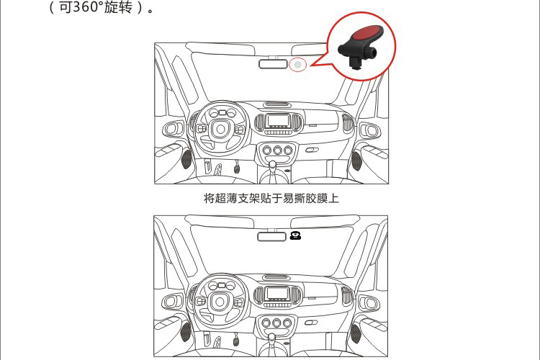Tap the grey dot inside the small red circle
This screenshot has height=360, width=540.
click(x=298, y=64)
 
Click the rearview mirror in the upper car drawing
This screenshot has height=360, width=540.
click(x=273, y=64)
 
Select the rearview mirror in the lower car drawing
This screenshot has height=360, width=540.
click(x=271, y=236)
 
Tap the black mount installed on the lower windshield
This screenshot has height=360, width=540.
click(x=295, y=235)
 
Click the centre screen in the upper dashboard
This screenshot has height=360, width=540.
click(x=278, y=120)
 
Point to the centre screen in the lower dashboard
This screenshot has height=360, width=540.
click(x=277, y=293)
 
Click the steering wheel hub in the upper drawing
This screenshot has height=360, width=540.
click(x=220, y=129)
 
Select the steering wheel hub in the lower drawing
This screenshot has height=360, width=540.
click(x=220, y=302)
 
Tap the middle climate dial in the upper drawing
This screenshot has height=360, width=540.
click(x=278, y=150)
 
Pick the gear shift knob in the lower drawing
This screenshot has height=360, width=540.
click(x=271, y=337)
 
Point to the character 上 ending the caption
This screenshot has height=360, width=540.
click(x=333, y=199)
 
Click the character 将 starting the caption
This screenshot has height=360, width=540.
click(x=210, y=199)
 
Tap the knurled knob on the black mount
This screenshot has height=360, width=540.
click(x=371, y=53)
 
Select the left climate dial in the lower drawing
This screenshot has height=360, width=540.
click(x=266, y=323)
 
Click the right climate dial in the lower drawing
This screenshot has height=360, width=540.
click(x=287, y=323)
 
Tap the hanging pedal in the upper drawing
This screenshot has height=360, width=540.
click(x=237, y=168)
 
